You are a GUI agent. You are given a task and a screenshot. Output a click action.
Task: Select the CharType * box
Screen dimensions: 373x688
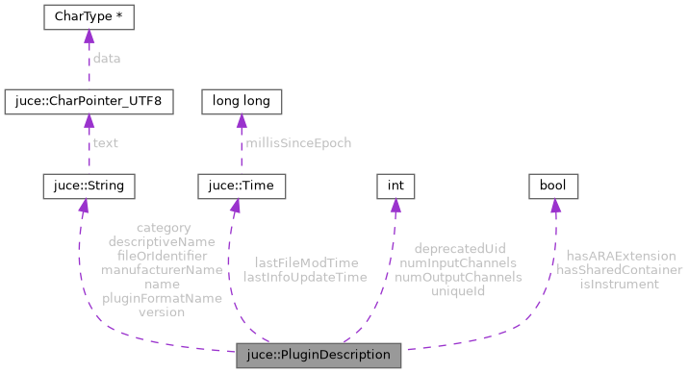click(x=89, y=17)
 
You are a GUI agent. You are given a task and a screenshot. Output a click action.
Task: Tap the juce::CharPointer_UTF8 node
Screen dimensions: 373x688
click(x=89, y=100)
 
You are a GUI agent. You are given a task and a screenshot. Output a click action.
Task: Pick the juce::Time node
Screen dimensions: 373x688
click(x=240, y=183)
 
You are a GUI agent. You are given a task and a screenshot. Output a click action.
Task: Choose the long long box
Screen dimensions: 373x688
click(x=240, y=100)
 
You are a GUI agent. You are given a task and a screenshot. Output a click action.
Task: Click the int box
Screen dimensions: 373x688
click(x=394, y=183)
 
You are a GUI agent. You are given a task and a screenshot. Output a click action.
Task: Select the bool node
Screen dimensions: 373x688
click(x=551, y=183)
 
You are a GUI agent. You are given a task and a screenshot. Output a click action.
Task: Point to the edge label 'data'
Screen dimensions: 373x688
click(x=106, y=59)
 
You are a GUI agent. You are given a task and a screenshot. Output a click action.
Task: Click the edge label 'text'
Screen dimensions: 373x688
click(x=105, y=142)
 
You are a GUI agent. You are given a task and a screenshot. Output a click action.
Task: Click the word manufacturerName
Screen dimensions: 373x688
click(x=162, y=270)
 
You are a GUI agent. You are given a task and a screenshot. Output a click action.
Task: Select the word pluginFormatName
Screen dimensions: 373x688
click(x=162, y=298)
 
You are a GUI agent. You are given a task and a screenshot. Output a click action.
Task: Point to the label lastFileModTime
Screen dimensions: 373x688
click(x=306, y=261)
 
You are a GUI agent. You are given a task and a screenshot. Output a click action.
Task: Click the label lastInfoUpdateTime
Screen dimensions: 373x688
click(x=306, y=276)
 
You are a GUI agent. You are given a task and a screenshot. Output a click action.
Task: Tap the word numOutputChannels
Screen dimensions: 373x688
click(x=460, y=276)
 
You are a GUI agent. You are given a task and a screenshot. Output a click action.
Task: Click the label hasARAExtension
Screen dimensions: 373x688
click(x=621, y=256)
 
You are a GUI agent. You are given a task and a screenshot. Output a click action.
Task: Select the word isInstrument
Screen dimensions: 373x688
click(x=619, y=284)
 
